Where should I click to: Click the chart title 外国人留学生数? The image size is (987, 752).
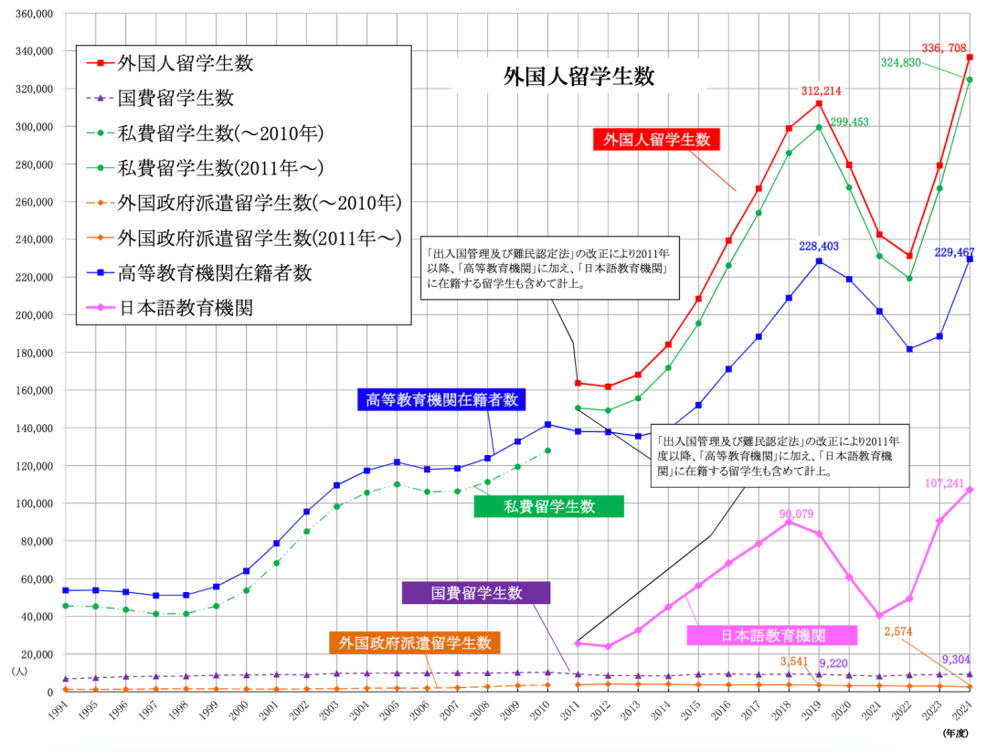click(x=578, y=77)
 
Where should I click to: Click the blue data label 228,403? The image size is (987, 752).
click(x=819, y=247)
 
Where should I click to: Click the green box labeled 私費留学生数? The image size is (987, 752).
click(x=548, y=506)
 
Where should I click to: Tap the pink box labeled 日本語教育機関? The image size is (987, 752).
click(x=772, y=635)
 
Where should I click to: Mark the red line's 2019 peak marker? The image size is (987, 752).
click(x=819, y=103)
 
